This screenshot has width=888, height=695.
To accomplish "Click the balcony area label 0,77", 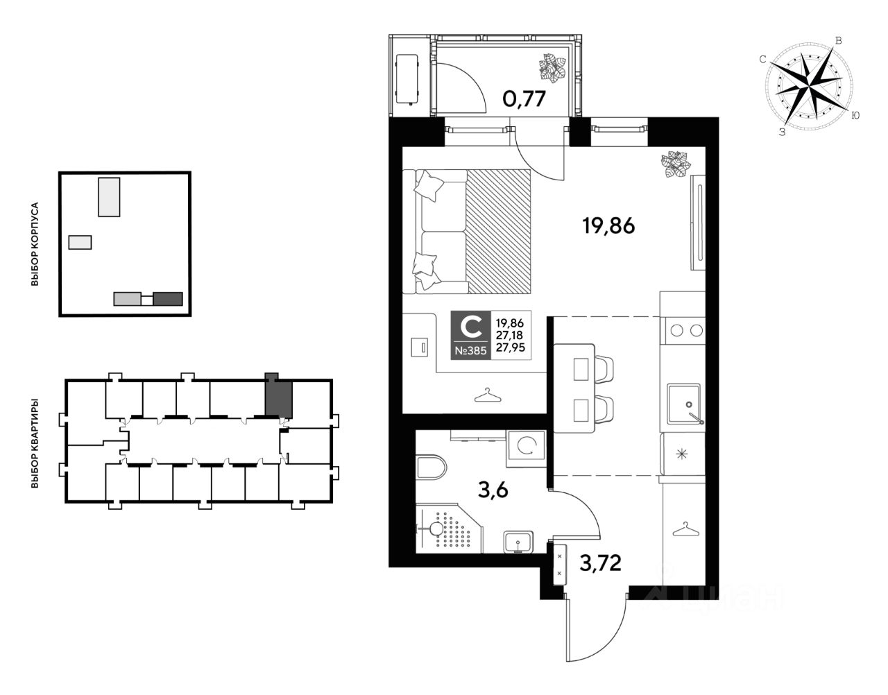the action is [524, 98].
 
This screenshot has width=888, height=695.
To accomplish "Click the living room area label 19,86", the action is [608, 225].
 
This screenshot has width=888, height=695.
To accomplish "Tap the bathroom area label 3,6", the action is [493, 490].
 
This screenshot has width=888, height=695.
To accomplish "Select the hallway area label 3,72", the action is [600, 563].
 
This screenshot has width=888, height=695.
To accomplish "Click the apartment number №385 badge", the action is [470, 350].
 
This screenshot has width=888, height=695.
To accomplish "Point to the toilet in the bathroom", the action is [432, 467].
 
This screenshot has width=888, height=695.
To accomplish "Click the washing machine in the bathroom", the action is [526, 448].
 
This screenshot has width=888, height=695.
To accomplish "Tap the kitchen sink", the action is [683, 404].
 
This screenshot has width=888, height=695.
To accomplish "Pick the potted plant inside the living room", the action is [676, 164].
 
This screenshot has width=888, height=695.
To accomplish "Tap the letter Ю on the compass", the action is [855, 116].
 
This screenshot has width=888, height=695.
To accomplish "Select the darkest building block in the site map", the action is [168, 299].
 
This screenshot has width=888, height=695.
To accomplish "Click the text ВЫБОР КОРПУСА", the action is [35, 244].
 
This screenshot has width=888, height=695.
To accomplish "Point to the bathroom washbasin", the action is [518, 542].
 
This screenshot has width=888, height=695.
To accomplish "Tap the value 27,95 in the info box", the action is [511, 347].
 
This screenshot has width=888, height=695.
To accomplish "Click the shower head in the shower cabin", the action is [436, 529].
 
